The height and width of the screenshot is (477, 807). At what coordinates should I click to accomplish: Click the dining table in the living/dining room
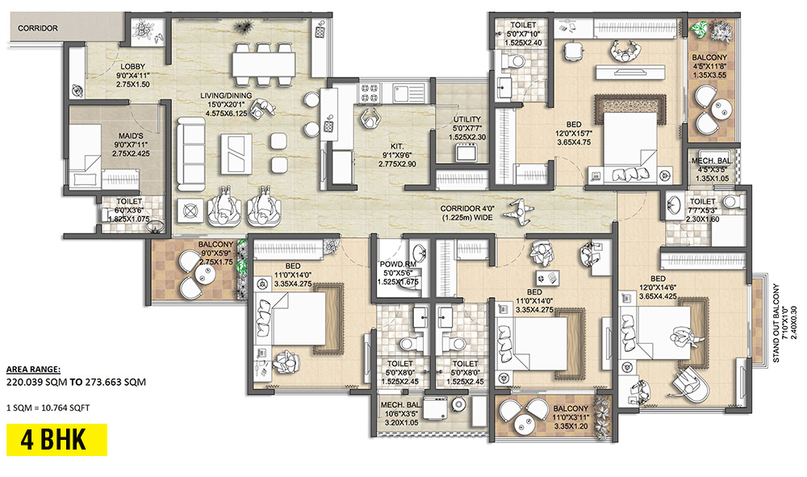[261, 62]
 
